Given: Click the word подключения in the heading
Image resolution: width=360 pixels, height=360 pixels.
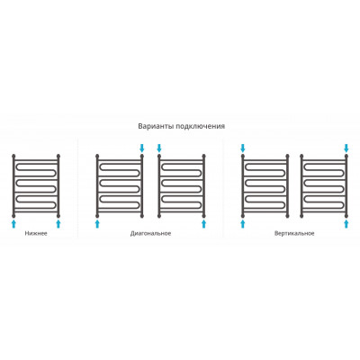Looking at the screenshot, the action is point(200,126).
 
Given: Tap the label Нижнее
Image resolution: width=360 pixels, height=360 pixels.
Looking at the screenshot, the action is point(36,233).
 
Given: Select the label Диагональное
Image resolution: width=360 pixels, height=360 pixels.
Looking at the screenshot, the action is point(150,233).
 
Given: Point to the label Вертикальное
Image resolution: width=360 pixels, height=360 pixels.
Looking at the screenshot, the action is point(294,233).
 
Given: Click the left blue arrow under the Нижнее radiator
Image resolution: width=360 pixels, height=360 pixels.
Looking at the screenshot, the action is point(13,224).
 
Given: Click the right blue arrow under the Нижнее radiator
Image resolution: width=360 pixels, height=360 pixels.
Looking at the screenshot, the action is point(58,224).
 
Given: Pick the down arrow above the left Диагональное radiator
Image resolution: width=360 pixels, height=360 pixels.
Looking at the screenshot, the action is point(142,148).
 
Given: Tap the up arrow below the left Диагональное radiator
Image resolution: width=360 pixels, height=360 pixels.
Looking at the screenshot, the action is point(97,224).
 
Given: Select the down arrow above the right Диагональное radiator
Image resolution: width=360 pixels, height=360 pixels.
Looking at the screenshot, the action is point(159,148).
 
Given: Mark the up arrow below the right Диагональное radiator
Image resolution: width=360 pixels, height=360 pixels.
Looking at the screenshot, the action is point(204,224).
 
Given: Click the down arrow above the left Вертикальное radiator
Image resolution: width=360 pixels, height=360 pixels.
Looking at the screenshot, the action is point(243,148).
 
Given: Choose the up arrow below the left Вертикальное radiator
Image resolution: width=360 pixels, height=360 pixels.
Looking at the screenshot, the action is point(243,224).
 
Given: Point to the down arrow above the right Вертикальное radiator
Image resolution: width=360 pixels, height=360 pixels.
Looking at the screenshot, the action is point(346,148).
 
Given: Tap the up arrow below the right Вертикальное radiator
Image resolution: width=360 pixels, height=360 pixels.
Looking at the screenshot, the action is point(346,224).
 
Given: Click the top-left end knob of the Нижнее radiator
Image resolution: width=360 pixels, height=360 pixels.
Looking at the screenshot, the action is point(13,156).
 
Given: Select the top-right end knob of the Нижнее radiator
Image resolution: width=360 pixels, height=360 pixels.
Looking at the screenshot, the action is point(58,156).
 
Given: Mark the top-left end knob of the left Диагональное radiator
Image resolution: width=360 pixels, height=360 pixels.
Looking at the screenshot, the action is point(97,156).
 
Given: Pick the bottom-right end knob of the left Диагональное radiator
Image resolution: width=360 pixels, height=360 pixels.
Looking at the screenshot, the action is point(142,215).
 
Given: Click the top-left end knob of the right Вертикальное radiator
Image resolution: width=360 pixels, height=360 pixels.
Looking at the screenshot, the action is point(301,156).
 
